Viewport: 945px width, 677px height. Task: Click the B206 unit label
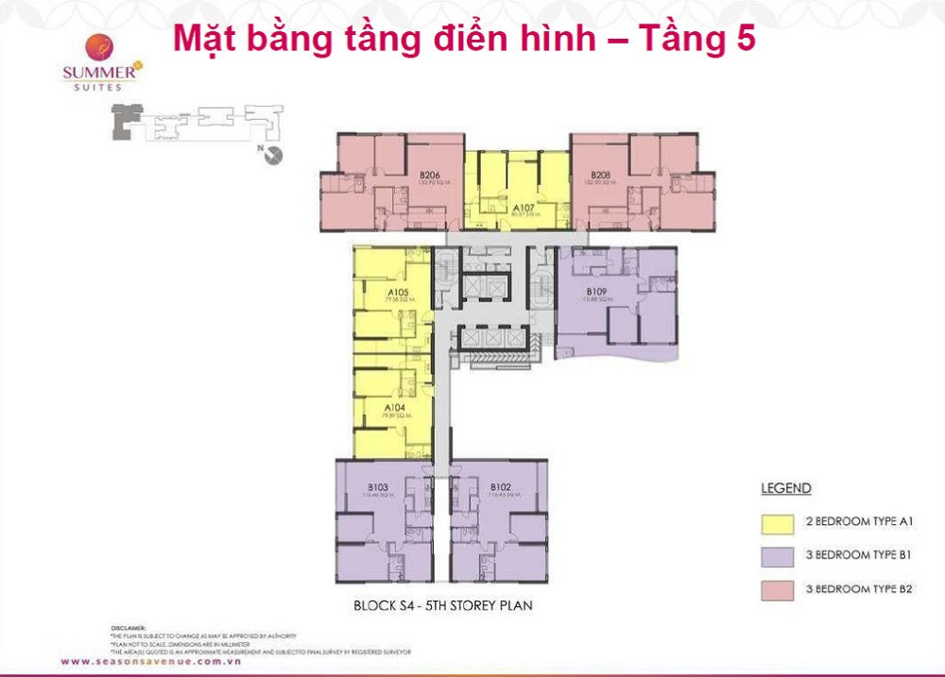click(430, 175)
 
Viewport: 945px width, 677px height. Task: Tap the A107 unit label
click(519, 208)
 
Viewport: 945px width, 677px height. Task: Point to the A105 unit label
click(397, 293)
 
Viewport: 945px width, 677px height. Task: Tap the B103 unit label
click(378, 487)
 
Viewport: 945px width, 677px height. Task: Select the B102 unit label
click(500, 487)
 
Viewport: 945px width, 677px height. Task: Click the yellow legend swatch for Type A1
click(774, 521)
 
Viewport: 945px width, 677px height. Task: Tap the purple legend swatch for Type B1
click(774, 555)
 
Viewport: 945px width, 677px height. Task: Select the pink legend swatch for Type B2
click(774, 589)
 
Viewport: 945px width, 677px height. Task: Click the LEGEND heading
click(785, 488)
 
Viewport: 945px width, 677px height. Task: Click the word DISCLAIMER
click(129, 627)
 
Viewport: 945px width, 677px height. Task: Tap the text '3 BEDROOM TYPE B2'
click(858, 589)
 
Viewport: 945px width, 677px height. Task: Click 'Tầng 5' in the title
click(697, 39)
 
